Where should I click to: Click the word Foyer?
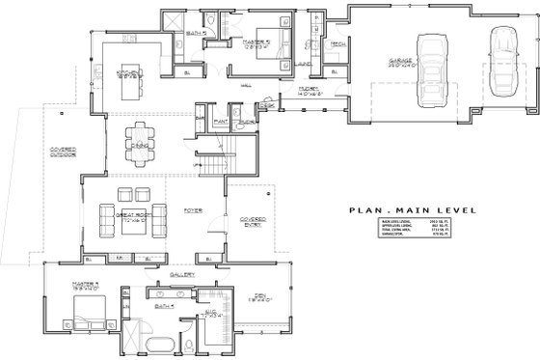pyautogui.click(x=192, y=207)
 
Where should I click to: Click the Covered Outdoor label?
pyautogui.click(x=40, y=152)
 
